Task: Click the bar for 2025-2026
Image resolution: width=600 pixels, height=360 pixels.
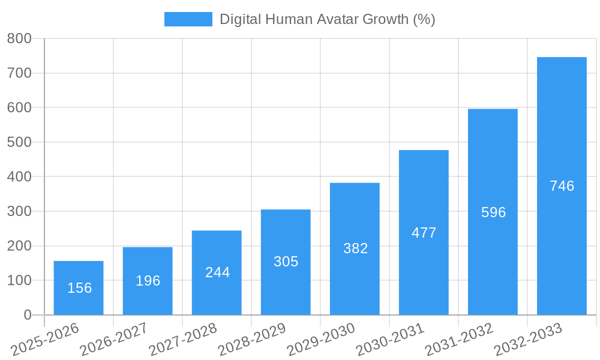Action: coord(79,288)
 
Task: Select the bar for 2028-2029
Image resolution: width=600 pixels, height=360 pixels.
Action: coord(286,262)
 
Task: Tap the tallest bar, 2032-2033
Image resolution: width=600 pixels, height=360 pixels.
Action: coord(562,186)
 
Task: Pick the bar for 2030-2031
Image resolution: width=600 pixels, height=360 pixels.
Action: coord(424,232)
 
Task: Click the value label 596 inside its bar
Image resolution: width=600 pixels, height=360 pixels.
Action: coord(493,212)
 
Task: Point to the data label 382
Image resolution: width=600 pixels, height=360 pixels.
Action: coord(355,248)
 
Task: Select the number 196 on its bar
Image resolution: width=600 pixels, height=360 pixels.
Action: coord(148,281)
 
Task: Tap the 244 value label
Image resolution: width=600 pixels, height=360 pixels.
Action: coord(217,272)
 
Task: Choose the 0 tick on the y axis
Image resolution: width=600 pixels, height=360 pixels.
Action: coord(27,315)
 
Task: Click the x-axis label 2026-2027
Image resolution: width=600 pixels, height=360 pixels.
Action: coord(115,338)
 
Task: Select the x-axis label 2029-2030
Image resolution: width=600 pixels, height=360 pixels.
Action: coord(322,338)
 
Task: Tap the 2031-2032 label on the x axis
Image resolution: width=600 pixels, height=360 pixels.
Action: coord(460,338)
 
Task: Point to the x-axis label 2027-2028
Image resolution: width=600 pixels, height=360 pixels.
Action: coord(184,338)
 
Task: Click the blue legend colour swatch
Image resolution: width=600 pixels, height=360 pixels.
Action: coord(188,19)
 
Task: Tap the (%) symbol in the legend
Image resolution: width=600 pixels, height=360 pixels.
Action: coord(424,19)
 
